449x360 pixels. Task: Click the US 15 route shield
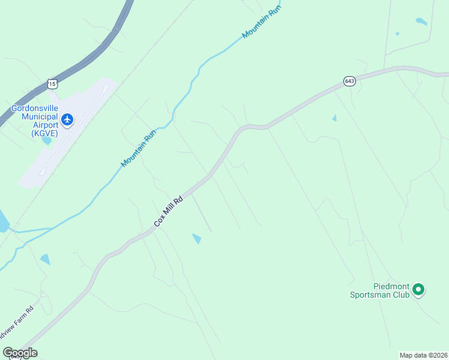(x=53, y=84)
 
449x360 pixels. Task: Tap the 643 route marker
(x=349, y=80)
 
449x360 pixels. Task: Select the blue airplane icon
(x=67, y=120)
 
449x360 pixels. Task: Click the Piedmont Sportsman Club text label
(x=379, y=290)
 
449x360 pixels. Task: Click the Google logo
(x=20, y=353)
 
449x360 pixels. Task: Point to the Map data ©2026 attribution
(x=423, y=355)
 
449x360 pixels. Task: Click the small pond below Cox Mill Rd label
(x=196, y=239)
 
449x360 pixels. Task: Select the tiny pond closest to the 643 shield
(x=334, y=118)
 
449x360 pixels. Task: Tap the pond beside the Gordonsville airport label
(x=47, y=141)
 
